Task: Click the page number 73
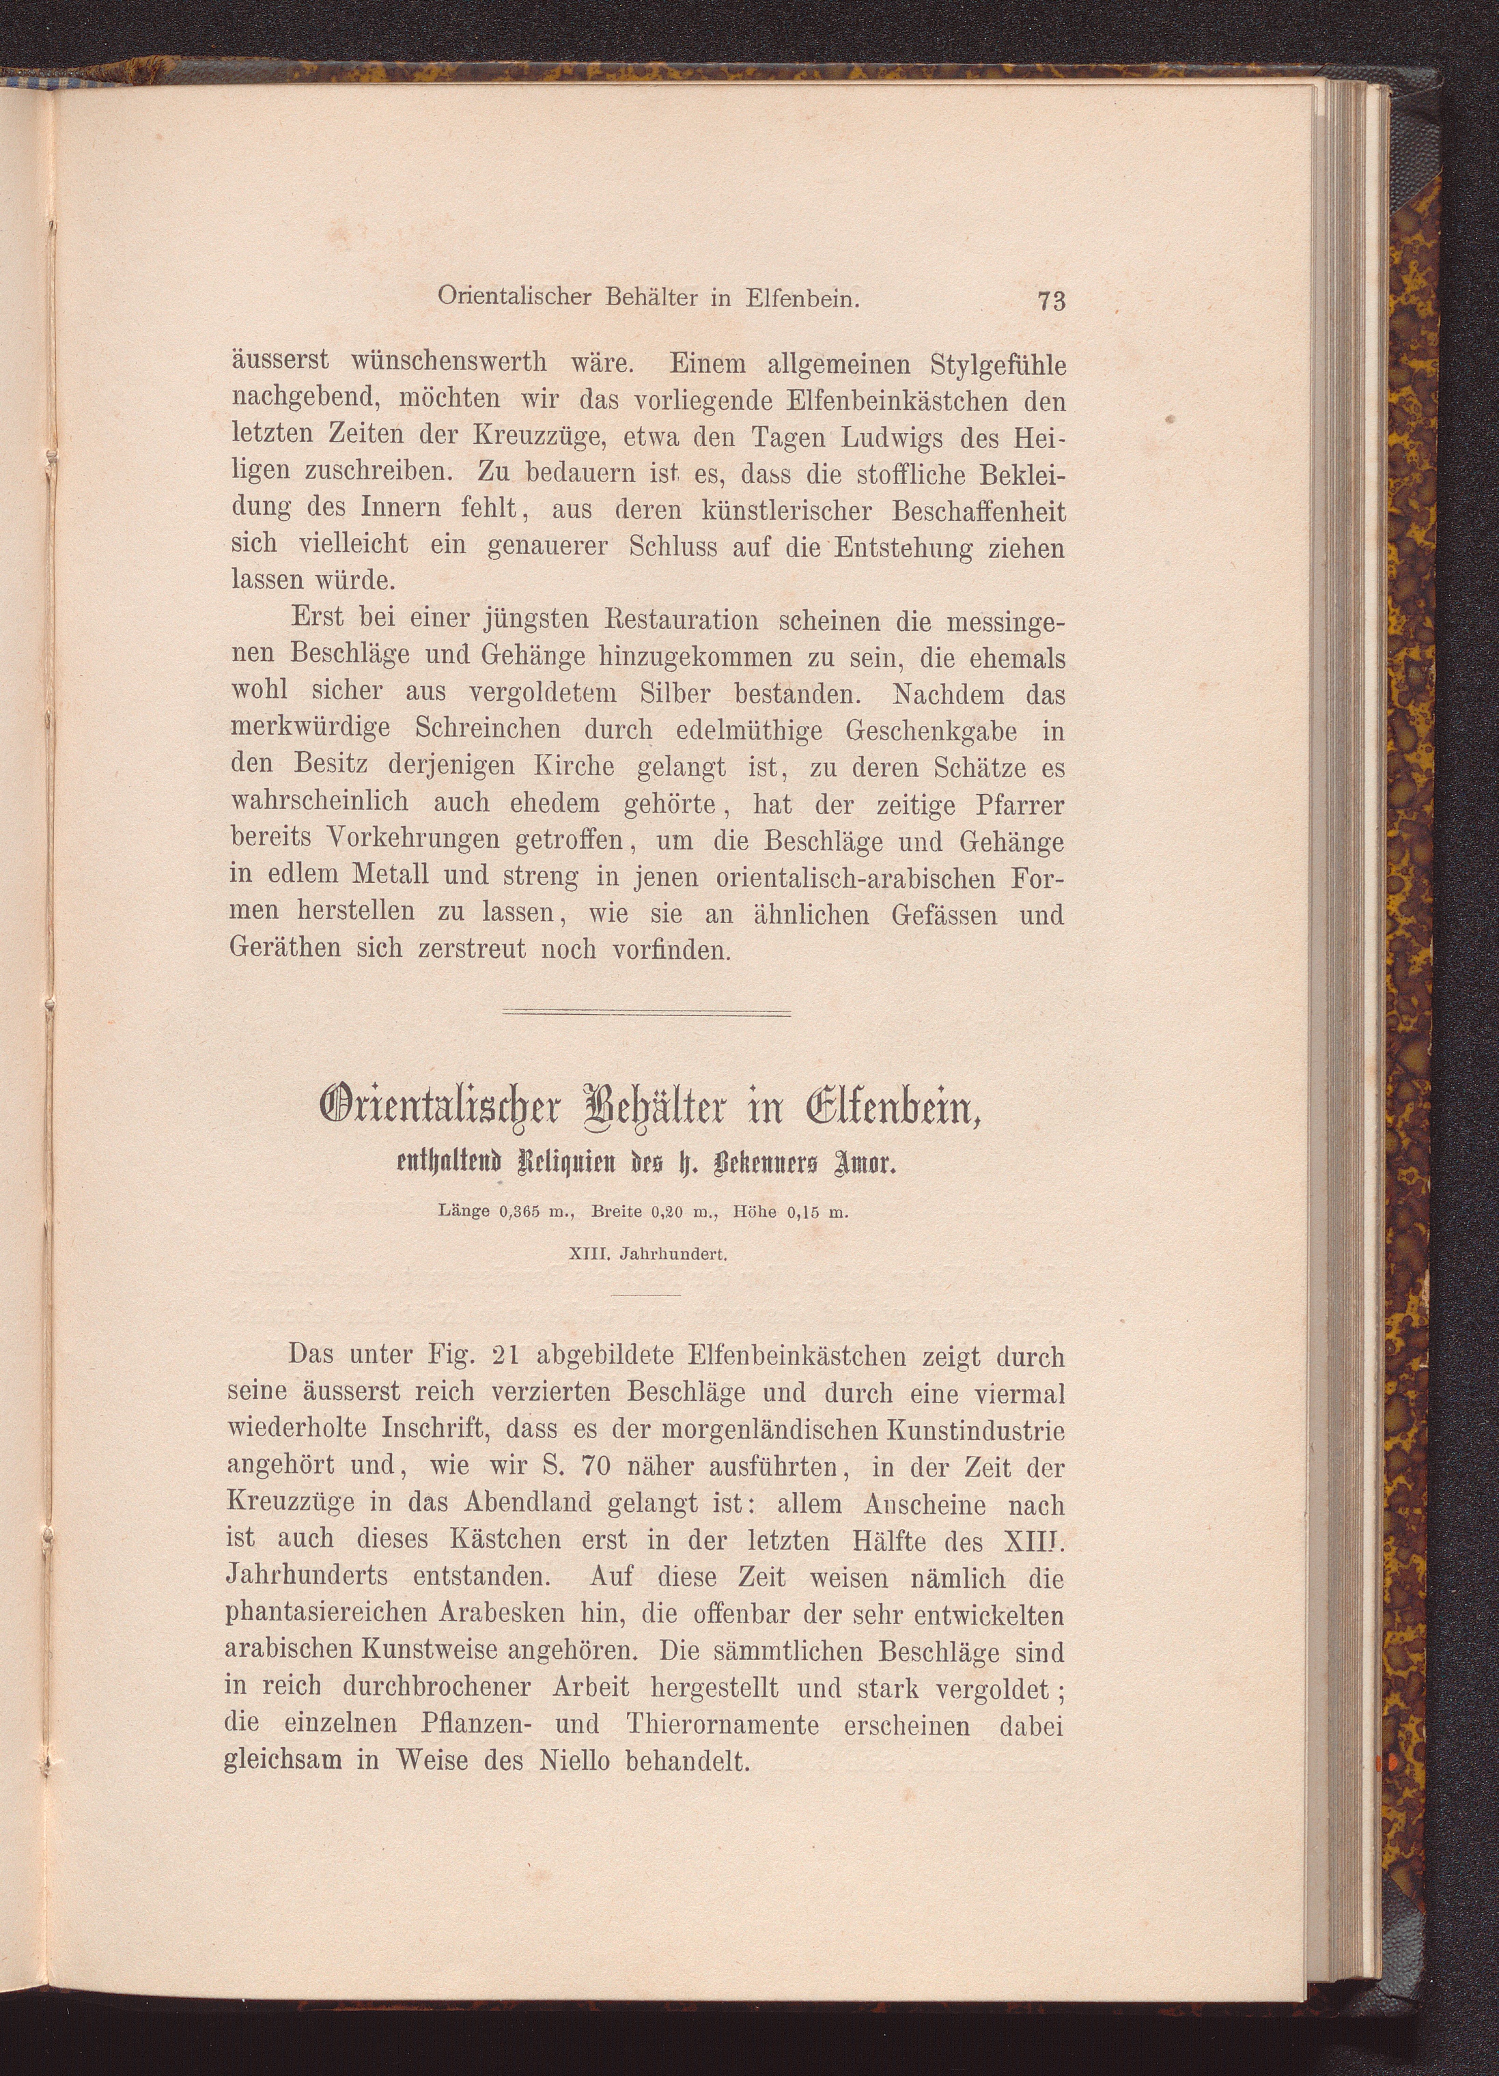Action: point(1052,300)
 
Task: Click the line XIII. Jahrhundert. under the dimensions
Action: point(647,1257)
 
